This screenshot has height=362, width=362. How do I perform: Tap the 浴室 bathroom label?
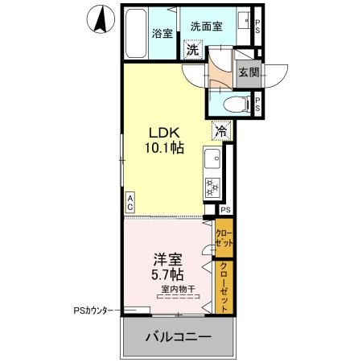(x=162, y=33)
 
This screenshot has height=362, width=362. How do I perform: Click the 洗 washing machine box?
(x=192, y=50)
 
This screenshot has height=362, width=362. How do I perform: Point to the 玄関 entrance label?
(x=248, y=72)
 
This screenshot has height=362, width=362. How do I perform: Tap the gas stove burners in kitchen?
(x=213, y=187)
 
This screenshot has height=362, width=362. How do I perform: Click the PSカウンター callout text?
(x=93, y=310)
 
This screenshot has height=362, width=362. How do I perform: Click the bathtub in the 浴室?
(x=137, y=32)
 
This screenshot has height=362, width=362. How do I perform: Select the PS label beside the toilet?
(x=257, y=104)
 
